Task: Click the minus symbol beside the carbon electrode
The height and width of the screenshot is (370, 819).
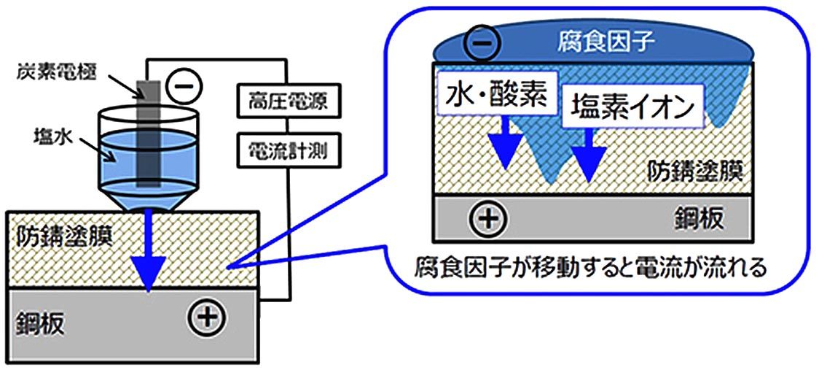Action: (179, 86)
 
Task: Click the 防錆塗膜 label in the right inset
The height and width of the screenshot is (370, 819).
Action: (695, 173)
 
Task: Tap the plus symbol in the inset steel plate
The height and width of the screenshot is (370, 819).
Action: (485, 218)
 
